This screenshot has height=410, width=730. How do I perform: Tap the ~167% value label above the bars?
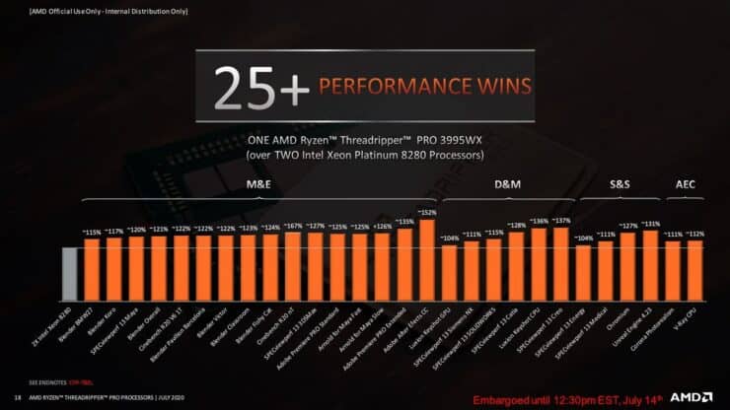(x=293, y=226)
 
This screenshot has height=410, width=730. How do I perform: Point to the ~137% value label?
(x=561, y=221)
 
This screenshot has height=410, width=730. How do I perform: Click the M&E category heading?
(x=259, y=185)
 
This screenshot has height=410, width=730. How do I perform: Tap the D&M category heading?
(x=507, y=185)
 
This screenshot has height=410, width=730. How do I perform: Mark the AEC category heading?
(x=685, y=185)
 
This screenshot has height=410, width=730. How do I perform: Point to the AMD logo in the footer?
(x=692, y=396)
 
